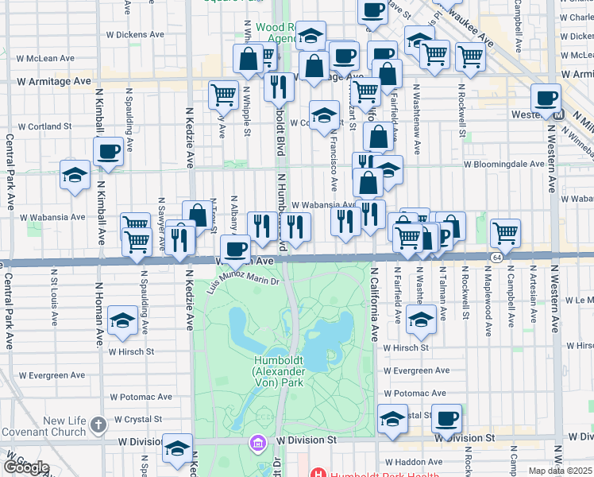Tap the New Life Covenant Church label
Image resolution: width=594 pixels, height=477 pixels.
53,426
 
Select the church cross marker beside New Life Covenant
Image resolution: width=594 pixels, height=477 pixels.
98,425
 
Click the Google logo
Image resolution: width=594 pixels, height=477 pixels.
25,467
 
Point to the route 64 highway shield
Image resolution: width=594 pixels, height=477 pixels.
496,258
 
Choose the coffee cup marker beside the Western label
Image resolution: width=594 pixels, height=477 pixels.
546,99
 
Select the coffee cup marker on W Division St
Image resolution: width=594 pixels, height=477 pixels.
446,419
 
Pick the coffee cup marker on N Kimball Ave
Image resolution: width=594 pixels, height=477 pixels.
108,152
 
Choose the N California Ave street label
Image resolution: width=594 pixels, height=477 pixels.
373,304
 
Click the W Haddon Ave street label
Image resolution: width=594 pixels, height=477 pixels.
413,462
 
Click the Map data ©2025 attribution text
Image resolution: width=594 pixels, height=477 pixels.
561,471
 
